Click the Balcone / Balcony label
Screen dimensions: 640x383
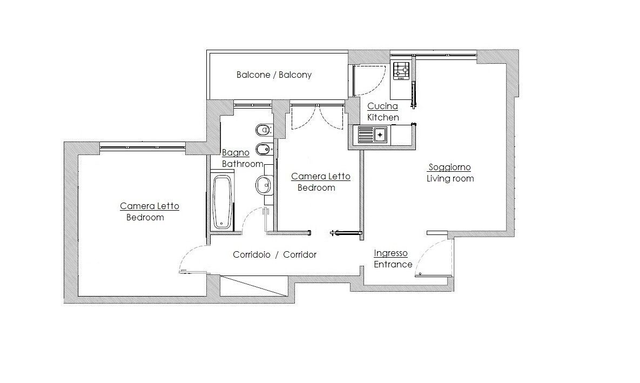coord(274,75)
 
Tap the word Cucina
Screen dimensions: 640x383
coord(382,106)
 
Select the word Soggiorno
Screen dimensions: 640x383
coord(449,167)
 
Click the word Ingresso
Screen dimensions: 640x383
coord(390,253)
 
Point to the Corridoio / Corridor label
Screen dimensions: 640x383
coord(275,254)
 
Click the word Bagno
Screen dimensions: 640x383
coord(235,153)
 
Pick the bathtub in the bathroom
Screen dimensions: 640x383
coord(223,201)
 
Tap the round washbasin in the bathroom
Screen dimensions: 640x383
coord(264,185)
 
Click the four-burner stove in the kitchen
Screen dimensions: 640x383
coord(401,71)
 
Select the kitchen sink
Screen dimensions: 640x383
coord(373,135)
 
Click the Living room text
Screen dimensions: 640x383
coord(450,178)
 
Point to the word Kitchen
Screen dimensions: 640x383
coord(383,118)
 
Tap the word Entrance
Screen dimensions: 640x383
coord(393,264)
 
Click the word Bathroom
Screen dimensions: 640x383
coord(242,164)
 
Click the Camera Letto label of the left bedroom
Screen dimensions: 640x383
coord(150,206)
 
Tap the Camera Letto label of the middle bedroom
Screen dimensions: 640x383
coord(320,177)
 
